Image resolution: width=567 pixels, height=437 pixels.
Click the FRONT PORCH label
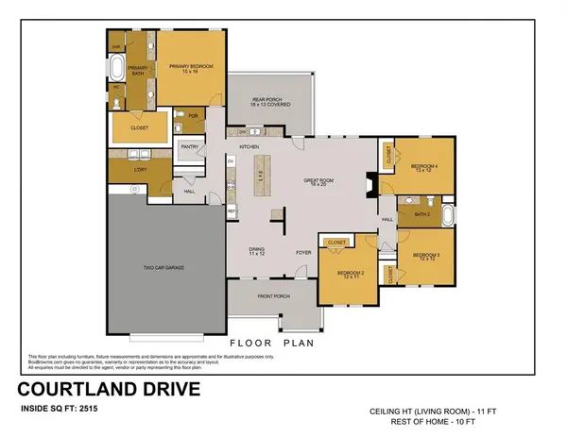273,295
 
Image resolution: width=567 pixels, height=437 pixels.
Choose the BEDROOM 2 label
352,275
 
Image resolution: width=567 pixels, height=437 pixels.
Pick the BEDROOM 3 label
425,257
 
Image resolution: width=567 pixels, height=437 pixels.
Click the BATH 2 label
421,214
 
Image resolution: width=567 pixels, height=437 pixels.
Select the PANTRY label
190,147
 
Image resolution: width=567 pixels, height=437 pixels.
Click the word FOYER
304,253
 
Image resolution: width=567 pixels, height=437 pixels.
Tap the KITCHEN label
249,147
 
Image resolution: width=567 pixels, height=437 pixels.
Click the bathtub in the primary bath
117,68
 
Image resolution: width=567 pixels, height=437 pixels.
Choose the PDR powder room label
192,116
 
